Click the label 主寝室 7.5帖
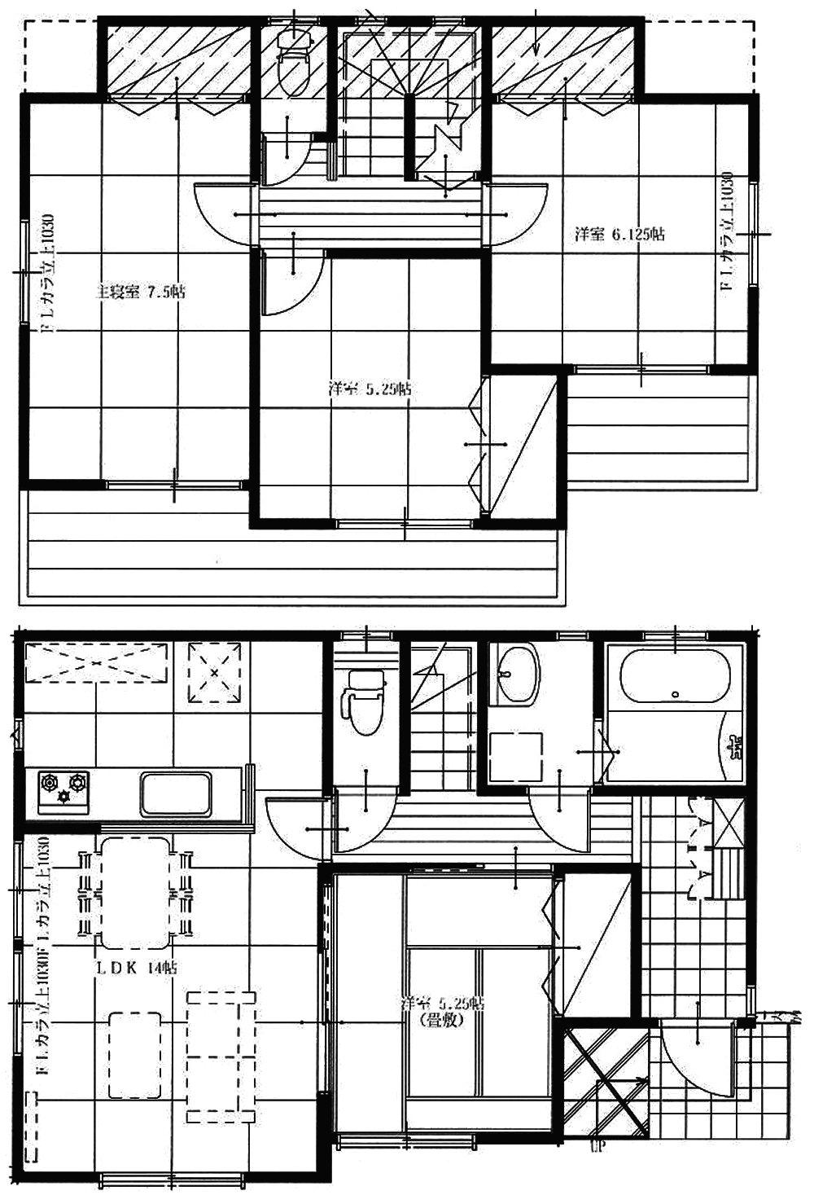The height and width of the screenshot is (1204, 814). point(141,292)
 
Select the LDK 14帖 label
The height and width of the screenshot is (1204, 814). point(138,967)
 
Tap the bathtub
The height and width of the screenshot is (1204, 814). point(675,675)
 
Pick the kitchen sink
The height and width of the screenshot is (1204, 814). point(178,793)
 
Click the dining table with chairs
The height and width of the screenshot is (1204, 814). point(136,892)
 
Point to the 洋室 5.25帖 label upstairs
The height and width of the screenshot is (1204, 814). point(370,389)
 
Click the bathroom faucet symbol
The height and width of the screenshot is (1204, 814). point(736,745)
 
